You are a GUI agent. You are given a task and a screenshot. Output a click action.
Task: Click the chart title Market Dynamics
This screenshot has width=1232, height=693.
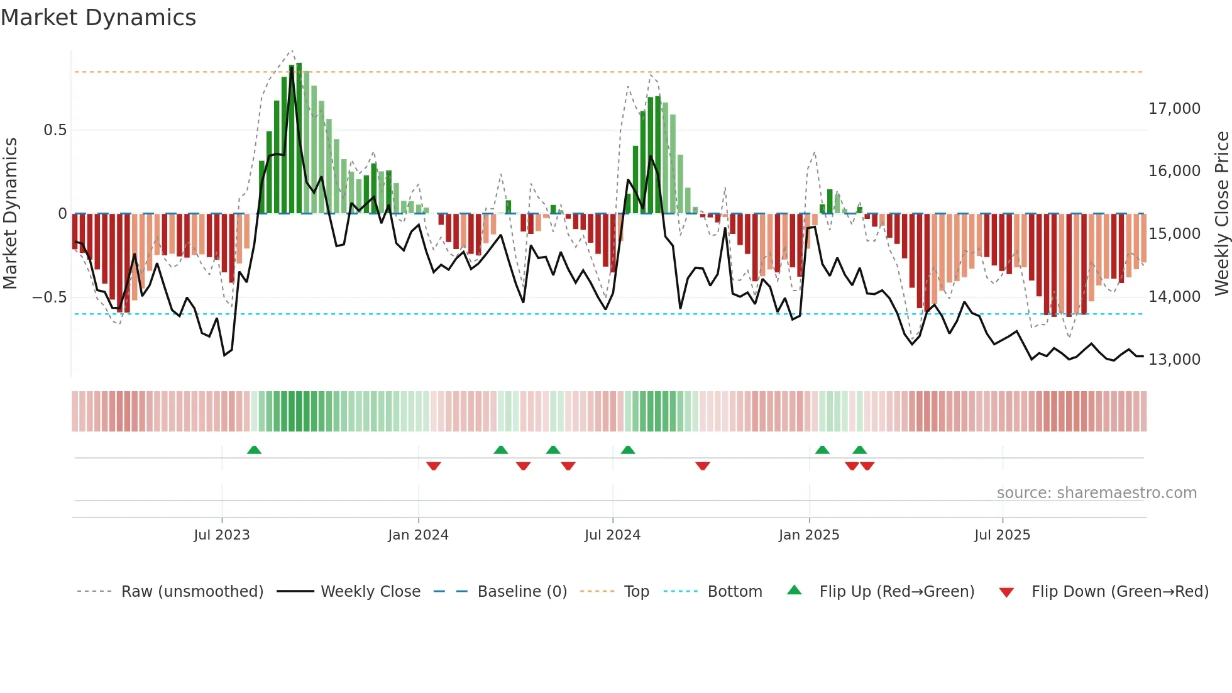coord(98,18)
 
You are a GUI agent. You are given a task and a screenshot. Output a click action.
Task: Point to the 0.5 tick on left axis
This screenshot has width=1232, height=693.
coord(55,130)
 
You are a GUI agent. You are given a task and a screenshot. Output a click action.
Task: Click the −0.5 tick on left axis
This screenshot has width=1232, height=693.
coord(50,297)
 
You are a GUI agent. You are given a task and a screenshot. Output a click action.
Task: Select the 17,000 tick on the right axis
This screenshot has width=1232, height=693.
coord(1174,109)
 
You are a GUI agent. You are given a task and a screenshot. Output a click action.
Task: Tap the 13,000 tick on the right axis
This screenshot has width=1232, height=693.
coord(1174,359)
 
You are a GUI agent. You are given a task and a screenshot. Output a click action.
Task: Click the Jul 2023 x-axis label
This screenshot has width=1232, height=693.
coord(221,535)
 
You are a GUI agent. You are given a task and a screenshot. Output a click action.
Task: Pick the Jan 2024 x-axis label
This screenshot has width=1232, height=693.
coord(418,535)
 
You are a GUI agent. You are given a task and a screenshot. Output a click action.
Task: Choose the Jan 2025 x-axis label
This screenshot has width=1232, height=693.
coord(809,535)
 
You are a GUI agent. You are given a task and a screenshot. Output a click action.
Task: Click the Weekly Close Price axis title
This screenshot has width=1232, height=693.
coord(1221,213)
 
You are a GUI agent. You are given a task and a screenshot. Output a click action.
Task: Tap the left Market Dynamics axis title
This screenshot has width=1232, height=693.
coord(10,213)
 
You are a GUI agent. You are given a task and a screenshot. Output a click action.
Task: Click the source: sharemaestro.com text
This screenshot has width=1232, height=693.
coord(1096,493)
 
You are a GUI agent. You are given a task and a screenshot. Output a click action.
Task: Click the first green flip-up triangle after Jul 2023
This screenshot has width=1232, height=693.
coord(254,450)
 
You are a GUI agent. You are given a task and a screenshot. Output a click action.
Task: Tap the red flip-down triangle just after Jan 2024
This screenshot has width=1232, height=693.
coord(434,466)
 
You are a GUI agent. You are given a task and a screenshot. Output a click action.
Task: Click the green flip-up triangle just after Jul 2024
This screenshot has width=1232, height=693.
coord(628,450)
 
